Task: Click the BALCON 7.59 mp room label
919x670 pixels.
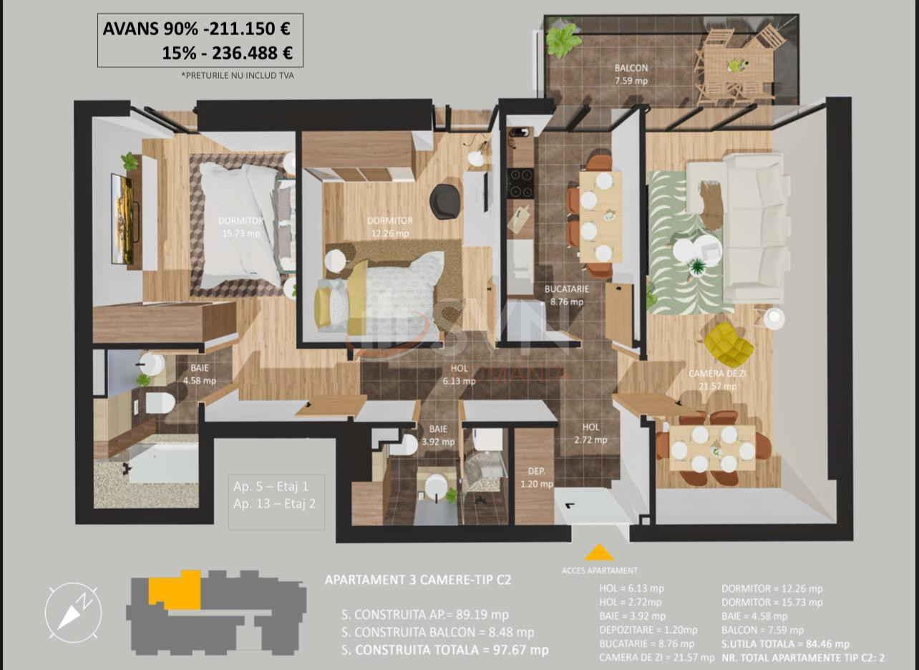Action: pyautogui.click(x=631, y=74)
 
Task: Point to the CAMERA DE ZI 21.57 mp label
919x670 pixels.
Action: pyautogui.click(x=712, y=380)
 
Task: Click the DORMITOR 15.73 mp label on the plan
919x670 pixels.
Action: pyautogui.click(x=240, y=227)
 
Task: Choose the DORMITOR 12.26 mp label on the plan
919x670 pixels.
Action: pyautogui.click(x=389, y=227)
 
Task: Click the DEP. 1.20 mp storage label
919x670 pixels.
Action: pyautogui.click(x=536, y=477)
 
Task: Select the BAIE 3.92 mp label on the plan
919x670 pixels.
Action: pyautogui.click(x=438, y=435)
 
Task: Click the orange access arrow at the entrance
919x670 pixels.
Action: pyautogui.click(x=599, y=553)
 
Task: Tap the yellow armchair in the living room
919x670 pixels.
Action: pyautogui.click(x=729, y=344)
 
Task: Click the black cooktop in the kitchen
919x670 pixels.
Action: pyautogui.click(x=520, y=183)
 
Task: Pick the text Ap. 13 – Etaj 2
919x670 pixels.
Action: pyautogui.click(x=274, y=503)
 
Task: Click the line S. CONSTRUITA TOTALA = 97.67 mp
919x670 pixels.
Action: pyautogui.click(x=444, y=650)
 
